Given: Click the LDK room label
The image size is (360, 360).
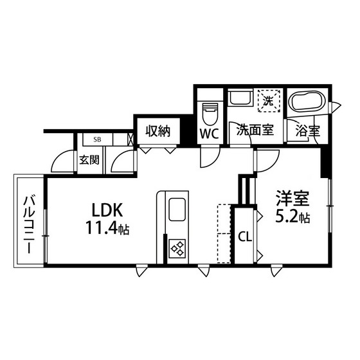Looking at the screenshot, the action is (107, 210).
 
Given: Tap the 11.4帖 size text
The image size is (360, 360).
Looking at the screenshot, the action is (107, 228).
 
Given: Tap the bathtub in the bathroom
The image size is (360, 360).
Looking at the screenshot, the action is (307, 102).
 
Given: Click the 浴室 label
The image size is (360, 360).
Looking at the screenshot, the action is (308, 130).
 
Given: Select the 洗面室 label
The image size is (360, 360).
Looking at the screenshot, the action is (255, 130).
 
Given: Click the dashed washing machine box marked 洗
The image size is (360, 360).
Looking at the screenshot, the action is (269, 101).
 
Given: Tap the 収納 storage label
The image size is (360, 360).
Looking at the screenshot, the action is (158, 131).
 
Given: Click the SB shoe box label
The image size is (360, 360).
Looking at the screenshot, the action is (97, 139).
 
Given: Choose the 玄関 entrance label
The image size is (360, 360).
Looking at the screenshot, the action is (89, 160).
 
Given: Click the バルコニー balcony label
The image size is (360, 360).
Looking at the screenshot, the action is (29, 224).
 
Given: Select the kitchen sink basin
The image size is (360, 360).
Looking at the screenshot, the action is (177, 210).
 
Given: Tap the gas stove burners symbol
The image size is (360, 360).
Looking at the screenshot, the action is (177, 248).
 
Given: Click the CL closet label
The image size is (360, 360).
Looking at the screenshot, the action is (245, 237).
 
